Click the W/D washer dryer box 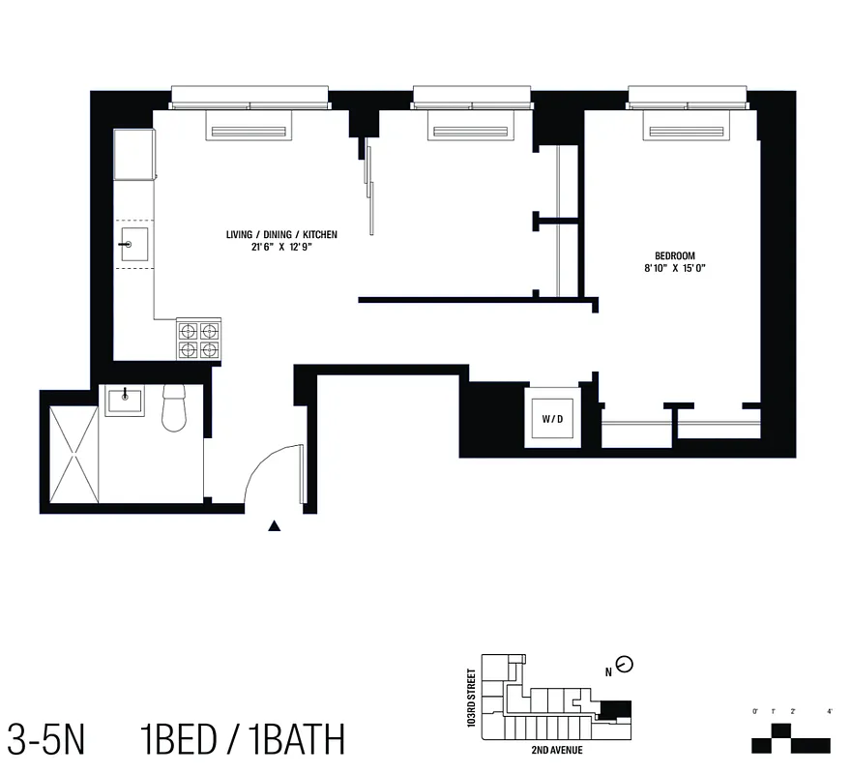click(x=551, y=419)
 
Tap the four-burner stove click(x=197, y=340)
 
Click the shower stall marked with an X click(x=70, y=454)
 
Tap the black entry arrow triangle click(x=275, y=527)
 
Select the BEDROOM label click(x=675, y=255)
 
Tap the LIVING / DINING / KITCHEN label click(x=281, y=235)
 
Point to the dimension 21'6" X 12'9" click(x=281, y=247)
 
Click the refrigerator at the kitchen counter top click(x=134, y=155)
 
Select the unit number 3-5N click(x=46, y=740)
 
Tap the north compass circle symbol click(x=625, y=665)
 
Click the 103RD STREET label click(x=471, y=698)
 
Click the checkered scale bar click(x=791, y=738)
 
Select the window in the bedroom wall click(x=688, y=98)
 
